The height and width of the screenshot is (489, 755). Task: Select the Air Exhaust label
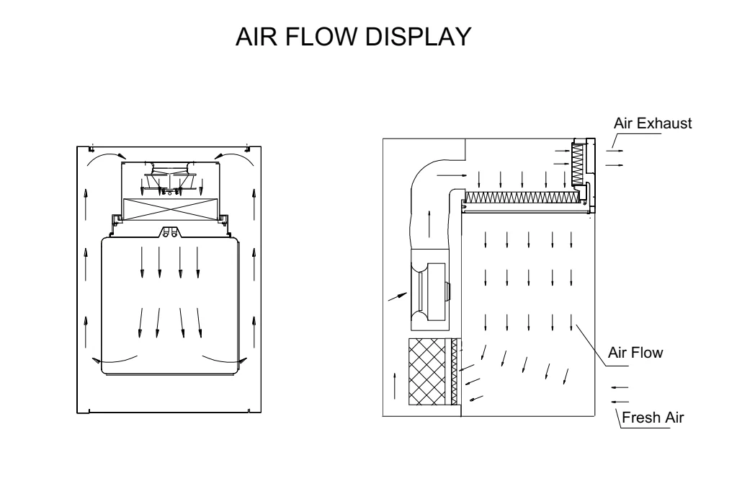[652, 123]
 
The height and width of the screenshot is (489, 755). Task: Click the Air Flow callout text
[635, 354]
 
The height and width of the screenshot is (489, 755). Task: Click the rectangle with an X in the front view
[170, 209]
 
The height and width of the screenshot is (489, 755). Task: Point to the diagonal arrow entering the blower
[396, 296]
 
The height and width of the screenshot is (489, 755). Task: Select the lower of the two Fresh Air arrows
[619, 401]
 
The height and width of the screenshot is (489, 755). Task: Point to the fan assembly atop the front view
[171, 177]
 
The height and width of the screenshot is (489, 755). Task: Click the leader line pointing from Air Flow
[591, 338]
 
